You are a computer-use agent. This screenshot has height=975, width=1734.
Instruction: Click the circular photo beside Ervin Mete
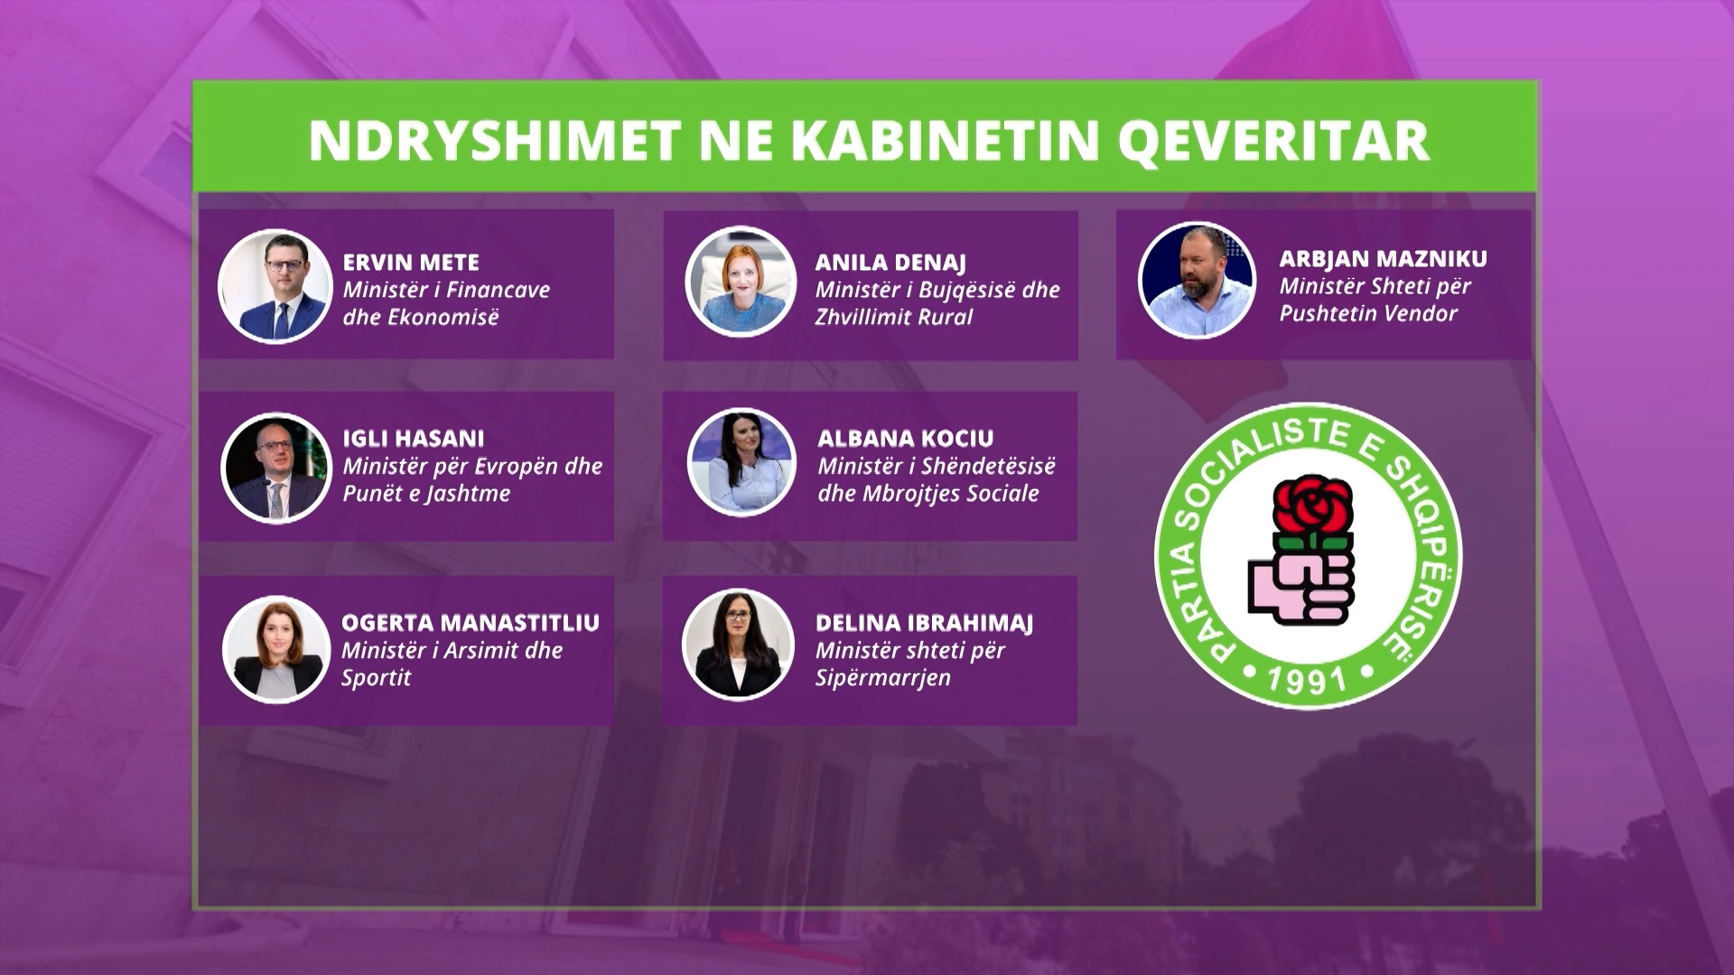[275, 285]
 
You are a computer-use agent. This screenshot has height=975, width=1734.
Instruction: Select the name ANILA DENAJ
[890, 263]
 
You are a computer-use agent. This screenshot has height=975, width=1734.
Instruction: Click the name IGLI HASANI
[413, 439]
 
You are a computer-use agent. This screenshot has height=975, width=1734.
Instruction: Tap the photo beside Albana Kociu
[741, 463]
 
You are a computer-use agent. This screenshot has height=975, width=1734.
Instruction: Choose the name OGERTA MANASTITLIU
[471, 623]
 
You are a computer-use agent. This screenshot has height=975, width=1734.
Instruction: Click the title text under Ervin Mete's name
[446, 303]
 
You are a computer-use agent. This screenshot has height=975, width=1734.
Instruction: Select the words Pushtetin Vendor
[1368, 314]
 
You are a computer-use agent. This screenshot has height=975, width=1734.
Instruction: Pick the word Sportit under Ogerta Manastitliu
[376, 678]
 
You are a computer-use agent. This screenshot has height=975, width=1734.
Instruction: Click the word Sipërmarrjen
[882, 679]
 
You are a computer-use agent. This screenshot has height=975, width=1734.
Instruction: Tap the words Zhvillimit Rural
[893, 318]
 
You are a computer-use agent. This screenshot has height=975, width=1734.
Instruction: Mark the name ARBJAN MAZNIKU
[1383, 259]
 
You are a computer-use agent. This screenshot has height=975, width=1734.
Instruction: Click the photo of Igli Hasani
[275, 468]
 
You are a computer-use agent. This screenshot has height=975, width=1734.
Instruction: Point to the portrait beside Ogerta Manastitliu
[275, 648]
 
